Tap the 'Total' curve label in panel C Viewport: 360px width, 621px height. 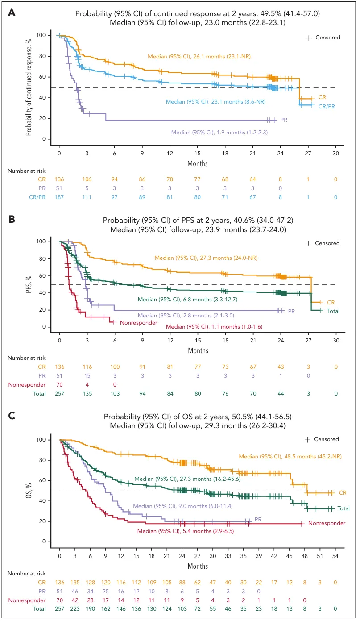pyautogui.click(x=343, y=508)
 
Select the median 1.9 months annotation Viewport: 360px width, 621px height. pyautogui.click(x=219, y=132)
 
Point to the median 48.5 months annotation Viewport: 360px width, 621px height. pyautogui.click(x=286, y=457)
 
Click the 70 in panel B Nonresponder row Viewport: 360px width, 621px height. pyautogui.click(x=59, y=384)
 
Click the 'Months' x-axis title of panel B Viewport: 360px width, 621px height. pyautogui.click(x=198, y=350)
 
